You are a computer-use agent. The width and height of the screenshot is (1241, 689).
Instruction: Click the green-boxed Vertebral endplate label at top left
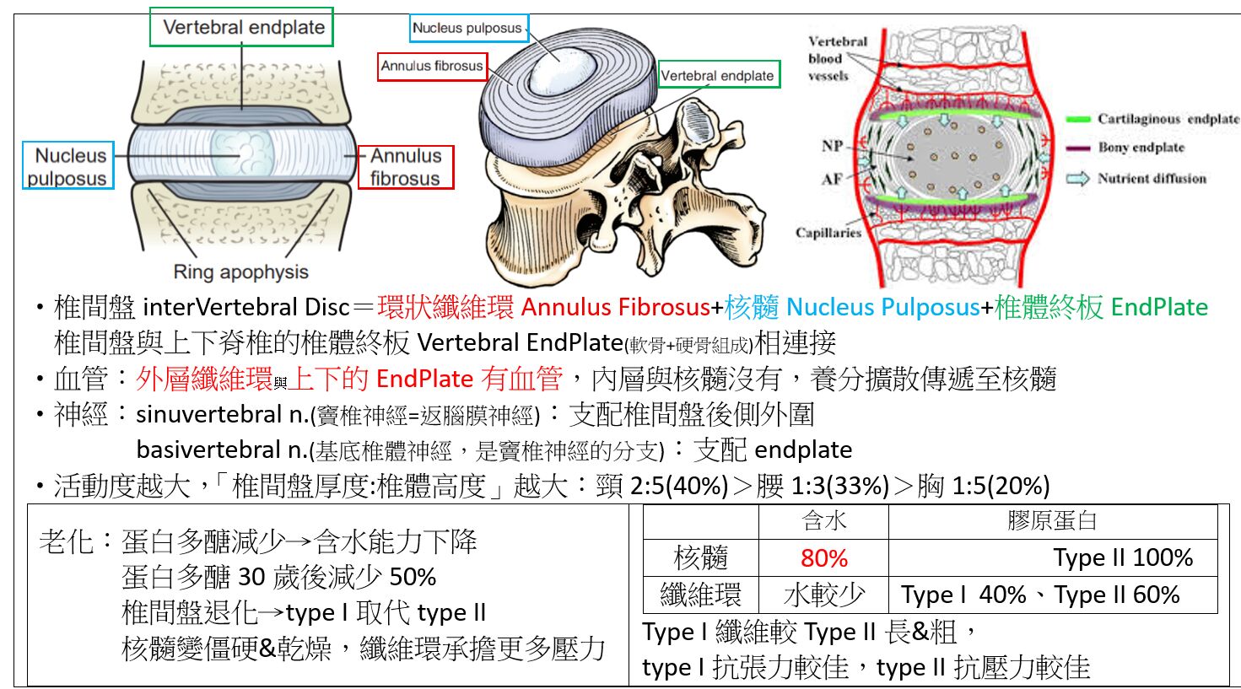click(x=242, y=27)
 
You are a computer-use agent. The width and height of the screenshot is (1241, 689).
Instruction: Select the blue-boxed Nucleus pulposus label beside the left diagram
click(x=69, y=166)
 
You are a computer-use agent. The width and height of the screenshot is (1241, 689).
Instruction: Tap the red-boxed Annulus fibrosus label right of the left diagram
click(x=406, y=167)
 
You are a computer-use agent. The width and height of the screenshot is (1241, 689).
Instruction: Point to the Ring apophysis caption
click(x=240, y=272)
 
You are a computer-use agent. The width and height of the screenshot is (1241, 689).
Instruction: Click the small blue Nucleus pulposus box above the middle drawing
click(x=467, y=28)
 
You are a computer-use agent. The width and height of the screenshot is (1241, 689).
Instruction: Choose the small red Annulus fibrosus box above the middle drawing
click(x=432, y=66)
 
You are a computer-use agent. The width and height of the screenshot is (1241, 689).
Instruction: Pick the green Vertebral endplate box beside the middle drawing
click(x=717, y=75)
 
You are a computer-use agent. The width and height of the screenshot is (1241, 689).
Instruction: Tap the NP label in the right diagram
click(x=832, y=145)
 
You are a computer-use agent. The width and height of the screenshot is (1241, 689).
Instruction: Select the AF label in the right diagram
click(x=832, y=178)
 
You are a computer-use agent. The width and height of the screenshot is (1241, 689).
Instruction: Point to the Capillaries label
click(x=828, y=233)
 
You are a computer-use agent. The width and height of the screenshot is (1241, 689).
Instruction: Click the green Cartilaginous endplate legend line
click(x=1078, y=120)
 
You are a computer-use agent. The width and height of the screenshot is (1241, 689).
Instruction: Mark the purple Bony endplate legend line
click(x=1078, y=148)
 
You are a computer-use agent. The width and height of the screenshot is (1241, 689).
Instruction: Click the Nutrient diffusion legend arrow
click(x=1078, y=178)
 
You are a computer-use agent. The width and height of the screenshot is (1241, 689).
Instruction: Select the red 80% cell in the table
click(x=823, y=557)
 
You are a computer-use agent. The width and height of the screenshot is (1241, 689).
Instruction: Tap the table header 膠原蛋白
click(x=1052, y=521)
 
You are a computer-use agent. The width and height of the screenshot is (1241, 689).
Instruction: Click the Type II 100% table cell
click(x=1123, y=557)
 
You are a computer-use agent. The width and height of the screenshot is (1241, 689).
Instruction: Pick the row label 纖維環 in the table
click(x=700, y=595)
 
